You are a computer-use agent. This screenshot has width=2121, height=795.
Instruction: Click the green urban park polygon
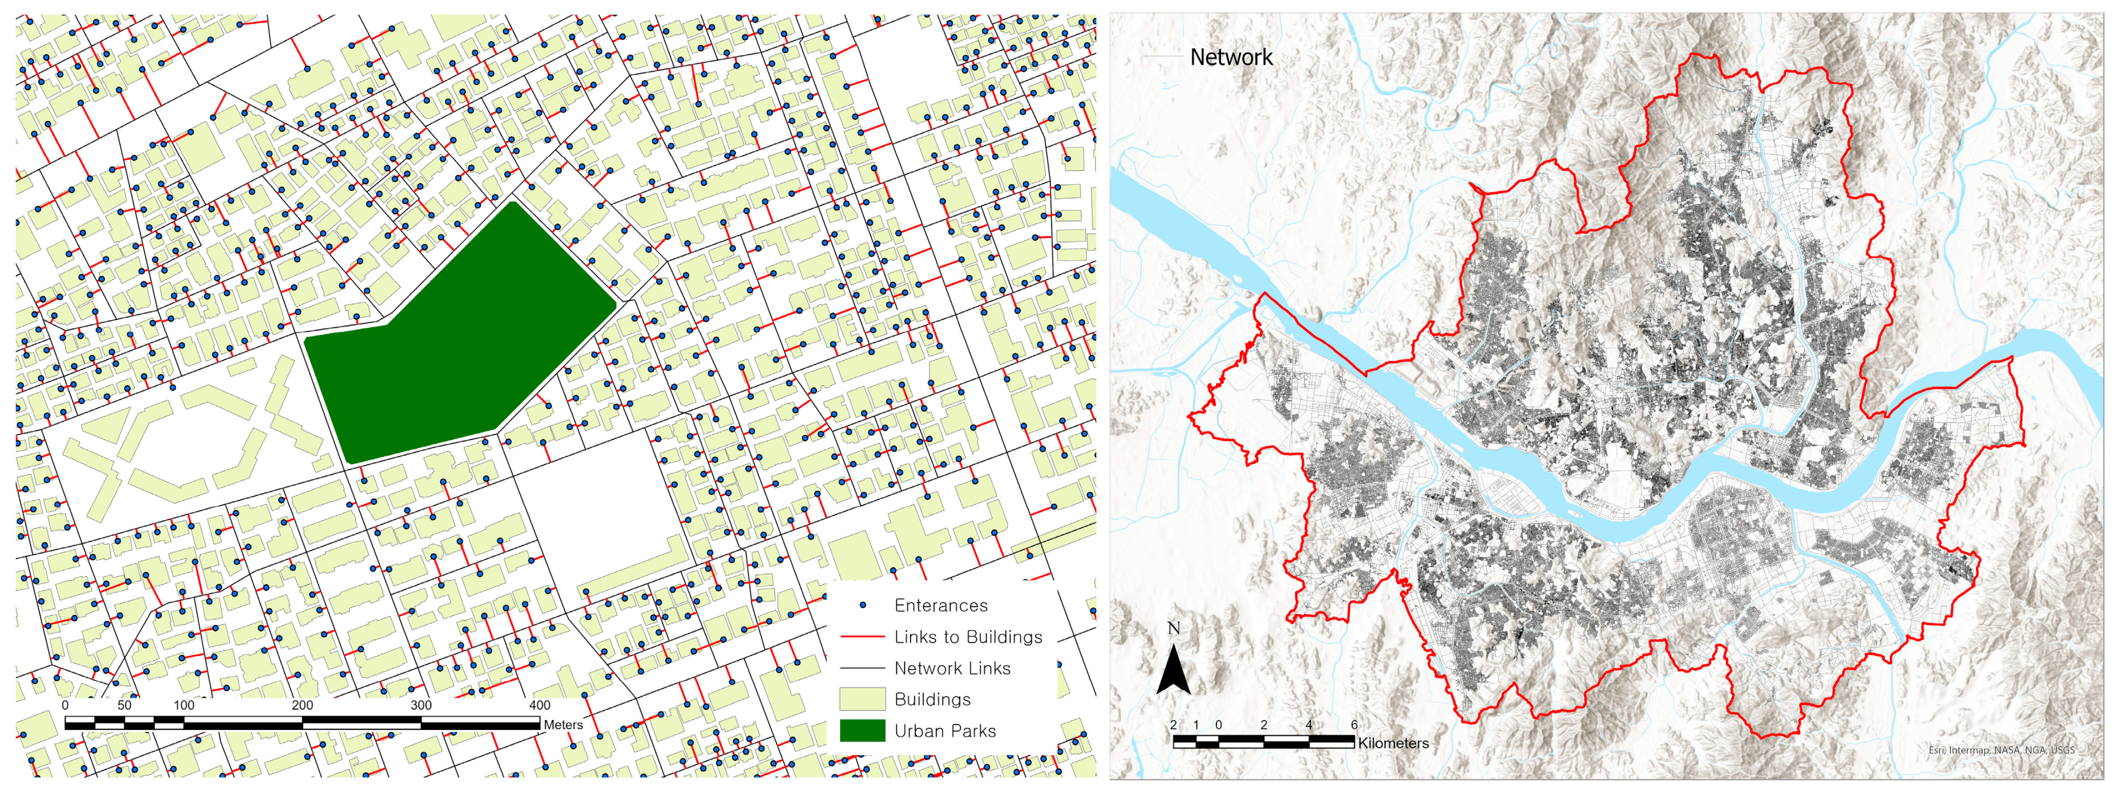click(x=461, y=337)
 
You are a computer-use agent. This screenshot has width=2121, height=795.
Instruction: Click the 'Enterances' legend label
click(x=940, y=606)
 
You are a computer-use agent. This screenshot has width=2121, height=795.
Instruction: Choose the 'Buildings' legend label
click(x=932, y=699)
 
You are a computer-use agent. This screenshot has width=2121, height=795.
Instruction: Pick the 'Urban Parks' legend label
click(x=945, y=731)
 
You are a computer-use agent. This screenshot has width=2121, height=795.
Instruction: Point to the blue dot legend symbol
click(x=862, y=606)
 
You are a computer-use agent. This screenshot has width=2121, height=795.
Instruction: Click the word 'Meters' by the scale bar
click(x=563, y=725)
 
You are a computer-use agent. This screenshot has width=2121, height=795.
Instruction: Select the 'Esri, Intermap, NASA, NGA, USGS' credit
click(x=2001, y=750)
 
